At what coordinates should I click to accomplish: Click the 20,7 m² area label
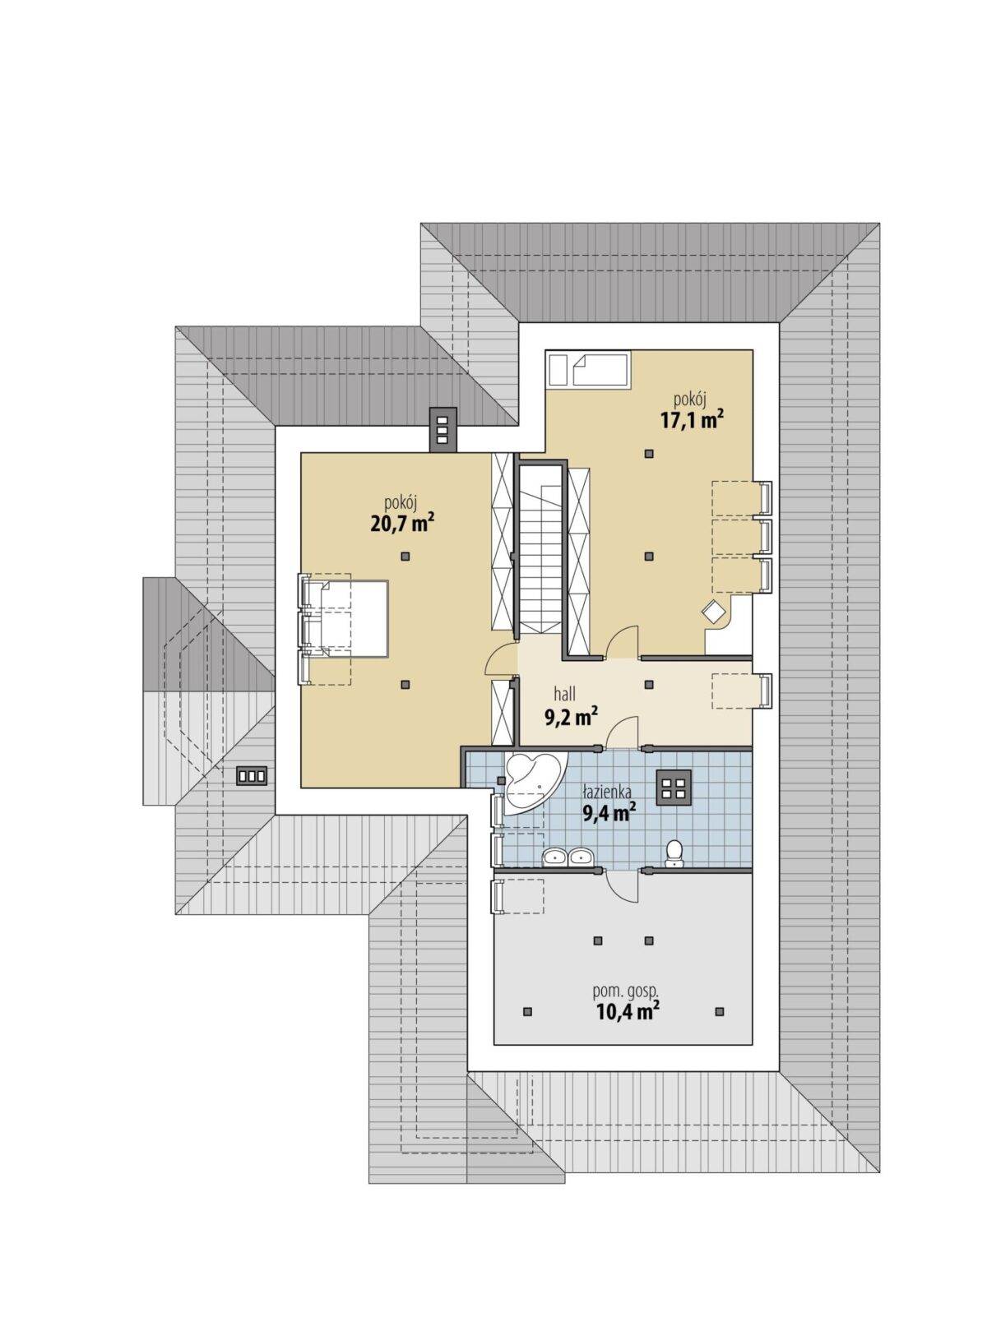pyautogui.click(x=402, y=524)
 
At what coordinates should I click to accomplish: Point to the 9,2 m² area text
pyautogui.click(x=571, y=716)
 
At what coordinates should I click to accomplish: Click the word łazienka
pyautogui.click(x=607, y=792)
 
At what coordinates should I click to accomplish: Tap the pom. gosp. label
pyautogui.click(x=626, y=991)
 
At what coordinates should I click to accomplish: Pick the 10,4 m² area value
pyautogui.click(x=628, y=1011)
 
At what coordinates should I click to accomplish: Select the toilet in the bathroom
pyautogui.click(x=674, y=853)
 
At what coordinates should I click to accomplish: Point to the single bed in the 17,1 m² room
pyautogui.click(x=601, y=369)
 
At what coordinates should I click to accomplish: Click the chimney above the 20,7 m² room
pyautogui.click(x=443, y=429)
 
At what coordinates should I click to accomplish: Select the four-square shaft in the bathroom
pyautogui.click(x=674, y=788)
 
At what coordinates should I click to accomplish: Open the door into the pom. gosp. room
pyautogui.click(x=623, y=885)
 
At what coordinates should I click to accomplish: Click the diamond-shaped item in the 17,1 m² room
pyautogui.click(x=714, y=612)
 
